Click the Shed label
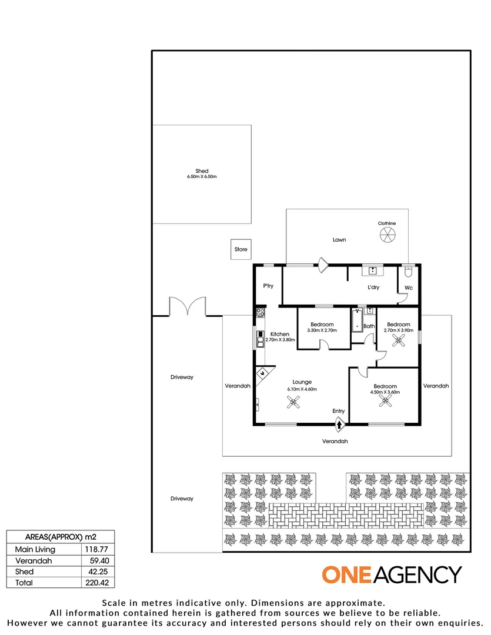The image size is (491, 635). click(x=202, y=171)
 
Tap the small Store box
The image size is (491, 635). click(x=241, y=249)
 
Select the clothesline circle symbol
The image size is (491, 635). click(x=388, y=236)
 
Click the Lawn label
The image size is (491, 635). click(x=339, y=240)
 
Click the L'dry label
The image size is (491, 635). click(x=373, y=288)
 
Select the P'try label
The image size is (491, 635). click(x=268, y=286)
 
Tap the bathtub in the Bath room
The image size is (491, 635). click(x=357, y=322)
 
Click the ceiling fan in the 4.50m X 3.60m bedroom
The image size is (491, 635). click(x=385, y=402)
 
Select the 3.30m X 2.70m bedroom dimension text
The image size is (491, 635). click(x=322, y=330)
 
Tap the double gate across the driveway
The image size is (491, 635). click(x=188, y=306)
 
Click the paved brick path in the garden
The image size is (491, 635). click(x=345, y=516)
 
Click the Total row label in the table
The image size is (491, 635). click(x=24, y=583)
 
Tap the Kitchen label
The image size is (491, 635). click(x=279, y=334)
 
